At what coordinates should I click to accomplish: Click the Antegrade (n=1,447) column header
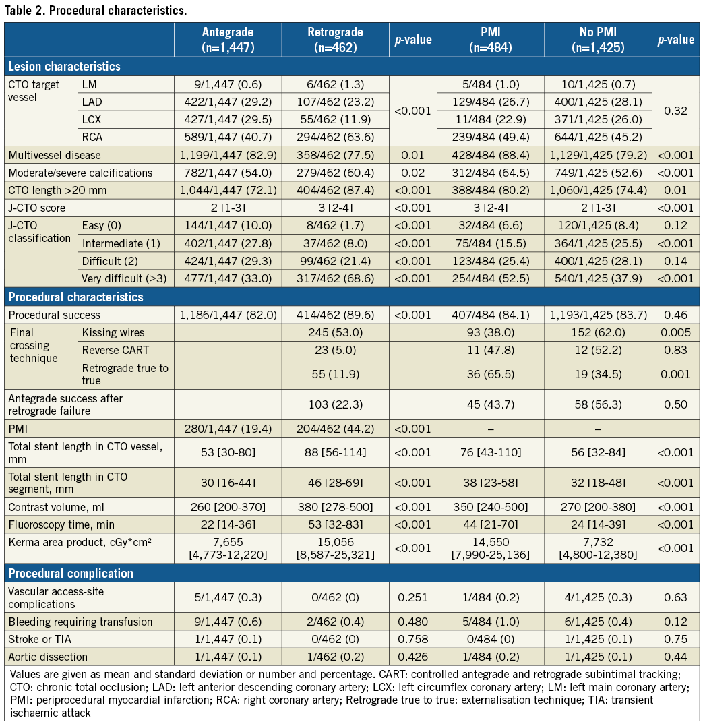point(228,40)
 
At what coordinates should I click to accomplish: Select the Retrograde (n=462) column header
point(335,40)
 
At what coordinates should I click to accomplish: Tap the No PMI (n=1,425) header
point(597,40)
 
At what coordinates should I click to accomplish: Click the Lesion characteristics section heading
point(65,67)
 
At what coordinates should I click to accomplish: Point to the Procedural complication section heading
point(71,573)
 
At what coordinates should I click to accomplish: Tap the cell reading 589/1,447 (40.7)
point(228,137)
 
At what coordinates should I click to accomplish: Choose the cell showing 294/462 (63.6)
point(335,137)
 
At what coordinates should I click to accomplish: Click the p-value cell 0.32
point(676,111)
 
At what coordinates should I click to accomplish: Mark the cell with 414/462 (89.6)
point(335,315)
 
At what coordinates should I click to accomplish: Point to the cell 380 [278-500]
point(335,507)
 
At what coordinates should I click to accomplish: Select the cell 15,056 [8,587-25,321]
point(335,548)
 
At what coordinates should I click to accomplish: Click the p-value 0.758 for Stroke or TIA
point(413,639)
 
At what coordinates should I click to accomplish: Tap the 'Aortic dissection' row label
point(48,657)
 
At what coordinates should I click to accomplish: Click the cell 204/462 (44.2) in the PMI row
point(335,427)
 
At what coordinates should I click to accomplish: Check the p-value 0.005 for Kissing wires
point(676,332)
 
